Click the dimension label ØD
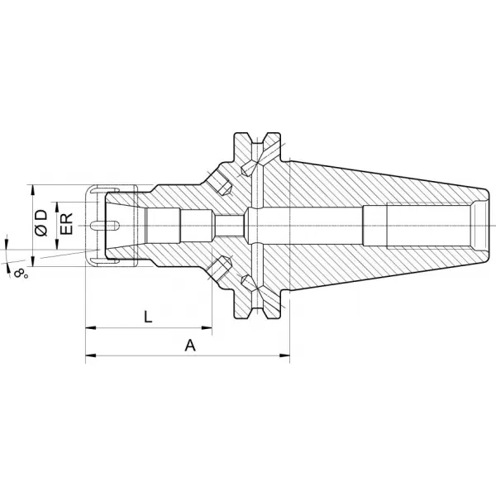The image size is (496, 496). pos(41,222)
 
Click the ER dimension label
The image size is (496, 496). pos(66,224)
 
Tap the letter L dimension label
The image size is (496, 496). pos(148,317)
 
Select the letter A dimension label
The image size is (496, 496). pos(190,345)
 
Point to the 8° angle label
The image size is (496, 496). pos(21,273)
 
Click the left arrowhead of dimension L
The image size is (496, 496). pos(91,327)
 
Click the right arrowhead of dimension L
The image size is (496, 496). pos(207,327)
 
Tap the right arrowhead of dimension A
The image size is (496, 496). pos(284,355)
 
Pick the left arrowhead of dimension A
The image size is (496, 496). pos(91,355)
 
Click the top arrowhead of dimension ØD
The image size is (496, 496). pos(32,190)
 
